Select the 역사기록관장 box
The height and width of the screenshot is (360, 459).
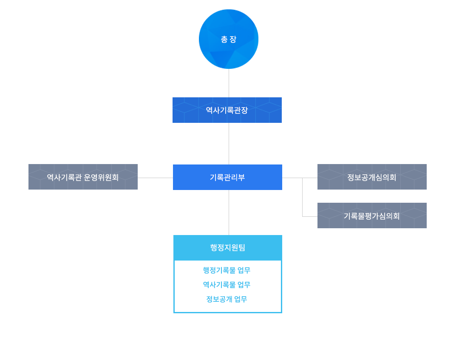pyautogui.click(x=227, y=110)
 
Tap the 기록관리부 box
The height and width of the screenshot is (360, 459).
pyautogui.click(x=227, y=177)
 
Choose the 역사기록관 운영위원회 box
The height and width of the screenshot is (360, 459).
pyautogui.click(x=83, y=177)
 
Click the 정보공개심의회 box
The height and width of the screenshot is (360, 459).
pyautogui.click(x=372, y=177)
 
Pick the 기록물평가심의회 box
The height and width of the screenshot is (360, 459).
pyautogui.click(x=372, y=215)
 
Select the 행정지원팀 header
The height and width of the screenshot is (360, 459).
pyautogui.click(x=227, y=247)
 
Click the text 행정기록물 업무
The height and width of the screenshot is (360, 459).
pyautogui.click(x=227, y=270)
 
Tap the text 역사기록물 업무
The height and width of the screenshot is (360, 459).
pyautogui.click(x=227, y=285)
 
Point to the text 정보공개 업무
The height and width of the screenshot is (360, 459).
pyautogui.click(x=227, y=299)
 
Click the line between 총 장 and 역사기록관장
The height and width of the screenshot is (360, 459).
pyautogui.click(x=229, y=83)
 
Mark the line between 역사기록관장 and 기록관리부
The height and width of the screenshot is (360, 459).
pyautogui.click(x=229, y=143)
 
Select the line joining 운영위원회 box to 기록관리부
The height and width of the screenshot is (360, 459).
pyautogui.click(x=155, y=178)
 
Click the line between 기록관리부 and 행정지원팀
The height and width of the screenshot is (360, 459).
pyautogui.click(x=229, y=212)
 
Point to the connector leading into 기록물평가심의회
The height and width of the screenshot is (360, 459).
pyautogui.click(x=309, y=216)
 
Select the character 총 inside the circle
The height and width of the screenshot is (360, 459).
pyautogui.click(x=224, y=40)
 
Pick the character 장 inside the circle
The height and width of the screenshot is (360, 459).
pyautogui.click(x=233, y=40)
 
